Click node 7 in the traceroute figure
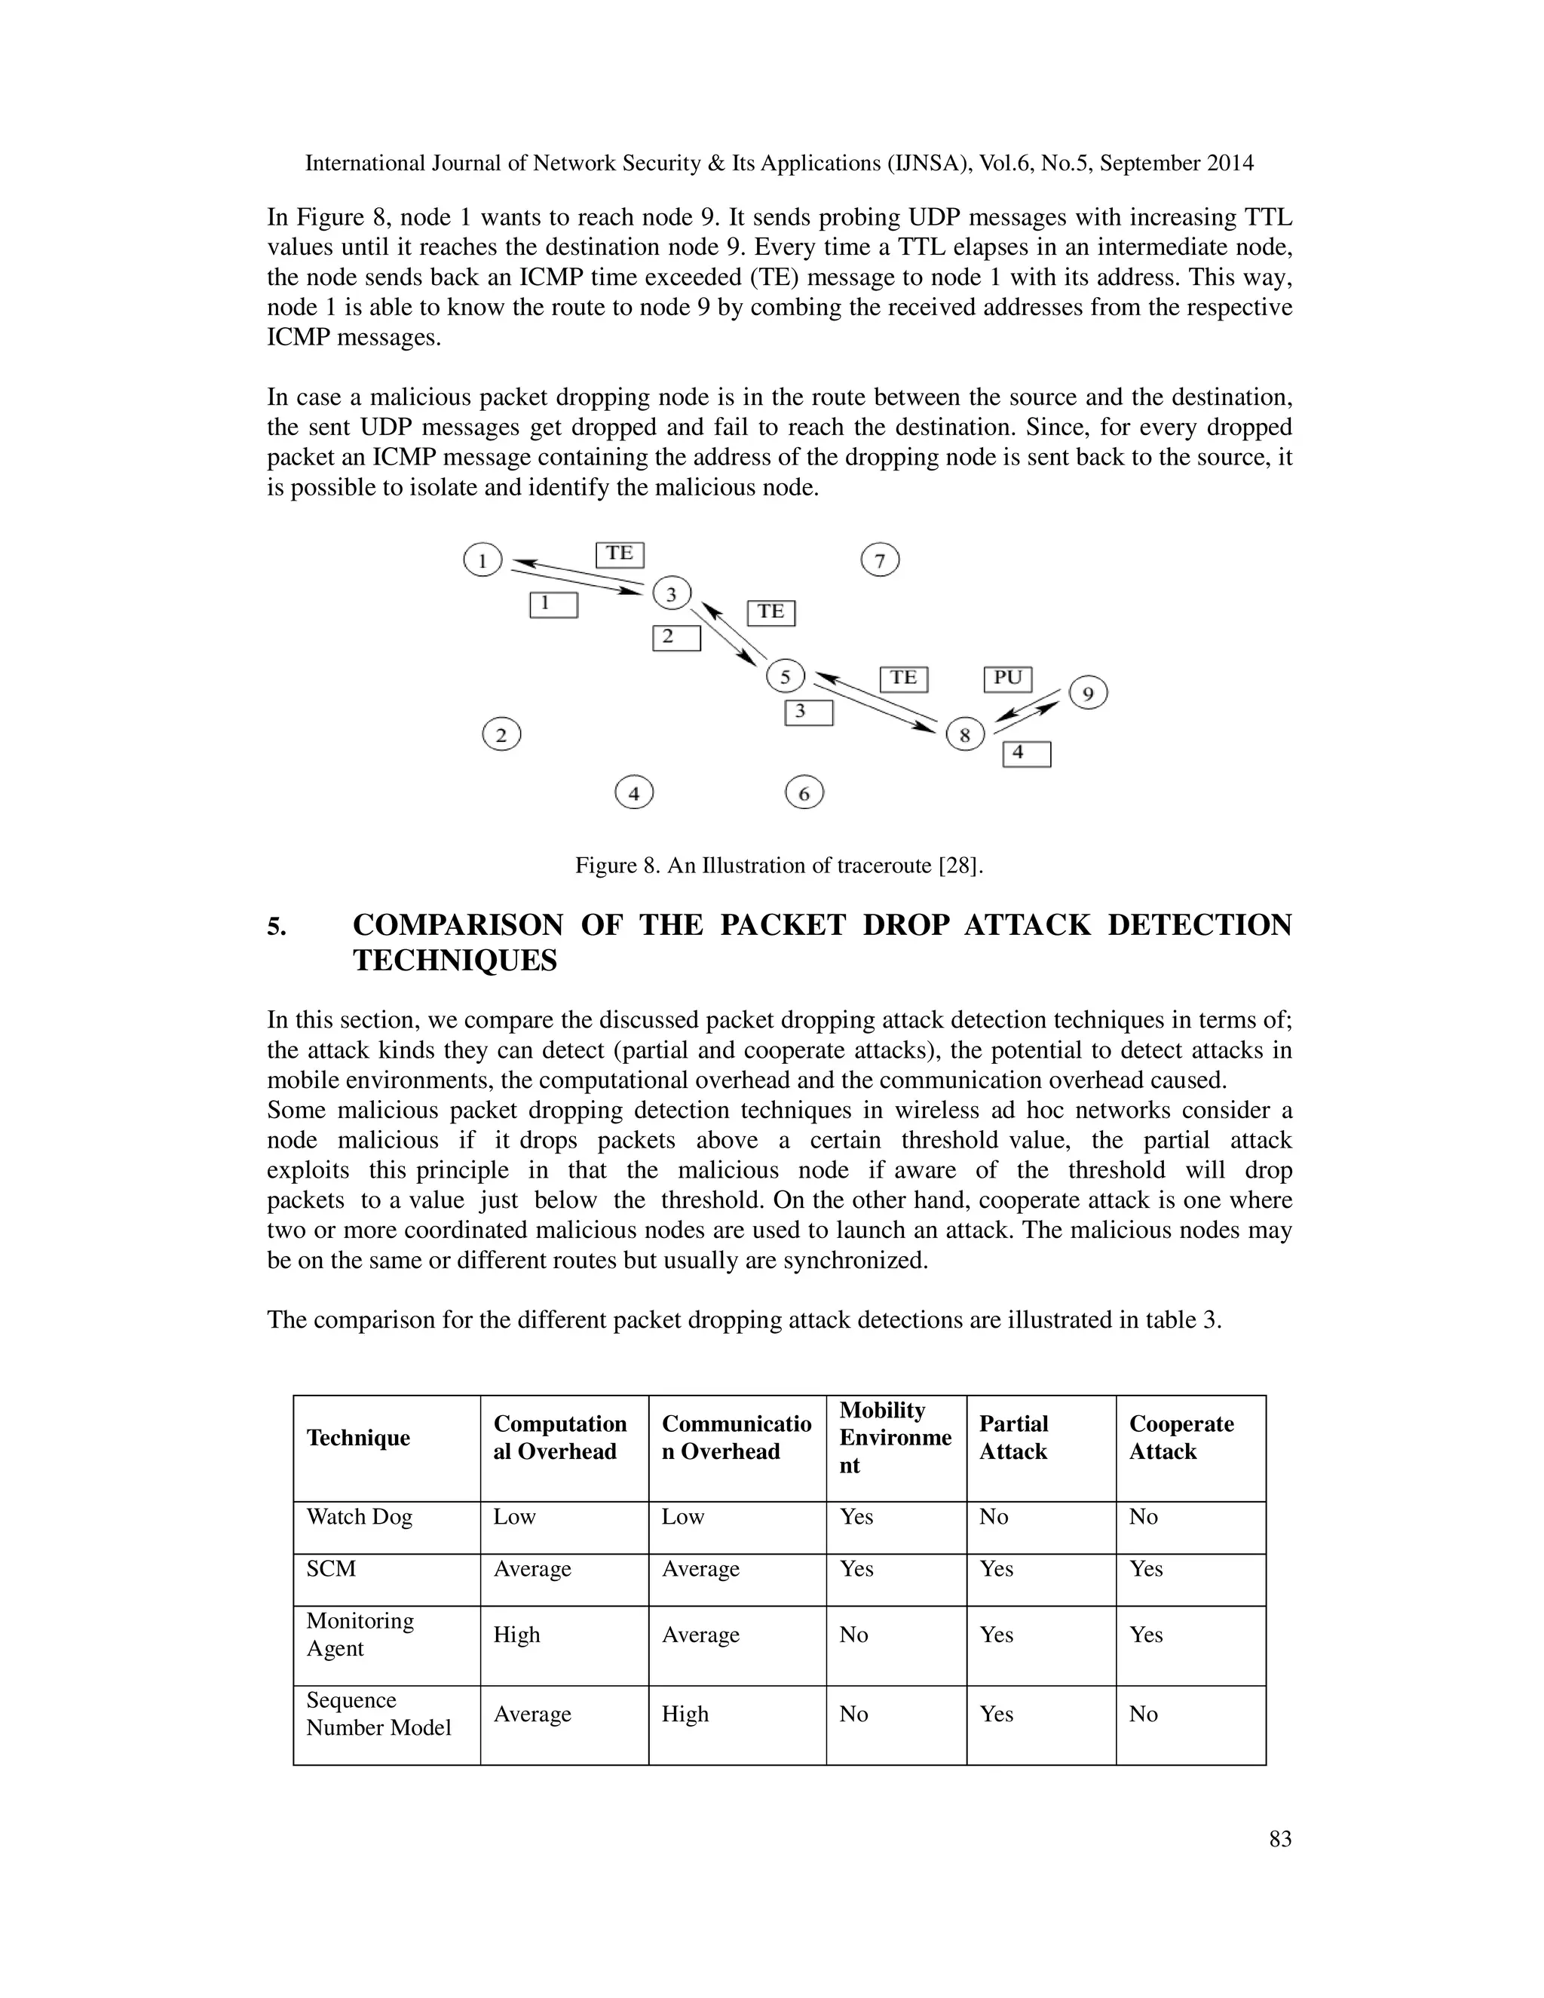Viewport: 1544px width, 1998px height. pyautogui.click(x=880, y=560)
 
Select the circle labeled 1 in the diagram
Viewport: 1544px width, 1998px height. pyautogui.click(x=483, y=559)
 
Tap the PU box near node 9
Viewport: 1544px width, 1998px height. pyautogui.click(x=1008, y=678)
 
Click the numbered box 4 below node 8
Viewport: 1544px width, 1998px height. pyautogui.click(x=1026, y=753)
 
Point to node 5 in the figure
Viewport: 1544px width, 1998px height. pyautogui.click(x=785, y=677)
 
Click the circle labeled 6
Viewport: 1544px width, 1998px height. pyautogui.click(x=804, y=792)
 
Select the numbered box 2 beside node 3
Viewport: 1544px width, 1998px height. pyautogui.click(x=676, y=637)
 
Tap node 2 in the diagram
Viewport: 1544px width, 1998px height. pyautogui.click(x=501, y=734)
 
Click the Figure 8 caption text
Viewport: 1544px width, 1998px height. pyautogui.click(x=778, y=866)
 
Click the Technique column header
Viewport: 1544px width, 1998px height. pyautogui.click(x=357, y=1437)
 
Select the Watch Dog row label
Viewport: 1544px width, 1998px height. pyautogui.click(x=360, y=1517)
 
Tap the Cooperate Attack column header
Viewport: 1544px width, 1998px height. pyautogui.click(x=1181, y=1437)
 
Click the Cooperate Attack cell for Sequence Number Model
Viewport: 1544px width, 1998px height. pyautogui.click(x=1144, y=1715)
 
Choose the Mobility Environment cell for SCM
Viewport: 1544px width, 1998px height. pyautogui.click(x=856, y=1569)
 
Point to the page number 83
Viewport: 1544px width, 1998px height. pyautogui.click(x=1279, y=1839)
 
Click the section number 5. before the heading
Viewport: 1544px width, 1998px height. pyautogui.click(x=276, y=927)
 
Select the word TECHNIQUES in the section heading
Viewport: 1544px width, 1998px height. pyautogui.click(x=455, y=961)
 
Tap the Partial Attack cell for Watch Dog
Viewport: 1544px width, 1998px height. pyautogui.click(x=994, y=1517)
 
